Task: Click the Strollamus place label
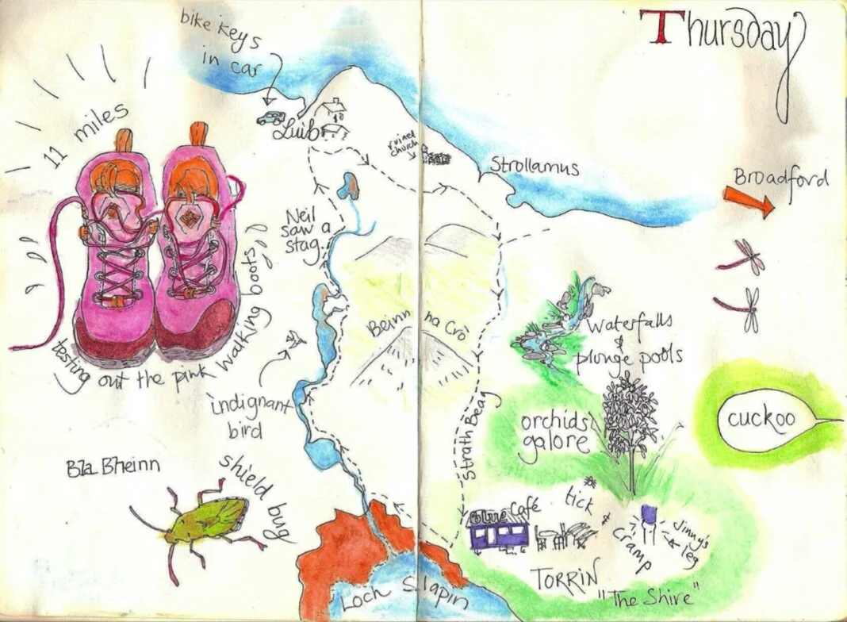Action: [x=534, y=168]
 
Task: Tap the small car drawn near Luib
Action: [x=270, y=118]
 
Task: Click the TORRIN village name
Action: [x=564, y=578]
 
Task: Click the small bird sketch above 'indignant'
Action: [x=297, y=341]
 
